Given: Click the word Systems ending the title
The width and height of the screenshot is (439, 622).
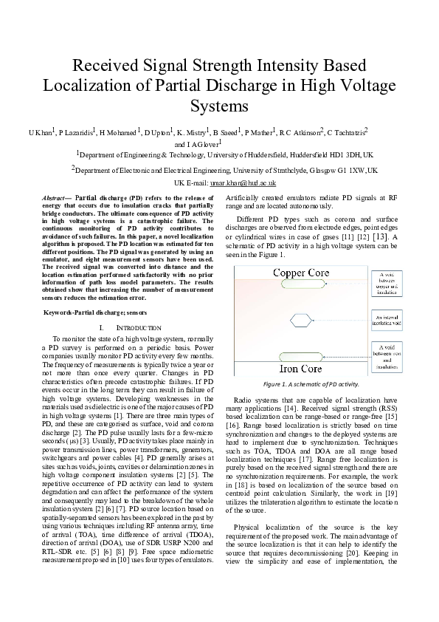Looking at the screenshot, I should pos(219,105).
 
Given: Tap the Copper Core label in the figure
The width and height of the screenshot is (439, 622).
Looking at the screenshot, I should pos(301,273).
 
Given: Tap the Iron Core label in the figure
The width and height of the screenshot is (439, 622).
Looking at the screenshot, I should pos(301,368).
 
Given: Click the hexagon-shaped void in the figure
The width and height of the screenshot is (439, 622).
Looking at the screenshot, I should pos(301,320).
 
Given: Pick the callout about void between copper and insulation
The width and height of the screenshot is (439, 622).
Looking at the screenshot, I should pos(387,284).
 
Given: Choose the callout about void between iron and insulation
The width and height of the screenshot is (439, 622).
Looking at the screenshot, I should pos(387,355).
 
